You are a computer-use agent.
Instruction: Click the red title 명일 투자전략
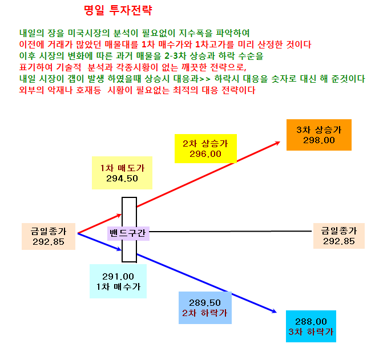point(118,10)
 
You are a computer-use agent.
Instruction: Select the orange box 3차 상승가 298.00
point(319,135)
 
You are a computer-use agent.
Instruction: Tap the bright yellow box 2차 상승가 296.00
point(205,148)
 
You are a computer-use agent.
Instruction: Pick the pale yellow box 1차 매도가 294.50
point(122,173)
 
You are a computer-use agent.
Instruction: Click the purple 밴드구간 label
point(128,233)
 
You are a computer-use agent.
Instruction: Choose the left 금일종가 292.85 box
point(49,237)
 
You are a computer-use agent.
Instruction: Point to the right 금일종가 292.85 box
point(339,236)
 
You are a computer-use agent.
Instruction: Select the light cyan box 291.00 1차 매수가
point(118,281)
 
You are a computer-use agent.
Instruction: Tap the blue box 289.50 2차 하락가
point(205,308)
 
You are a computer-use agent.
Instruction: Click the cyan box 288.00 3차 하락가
point(311,326)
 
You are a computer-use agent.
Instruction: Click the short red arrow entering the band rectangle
point(100,224)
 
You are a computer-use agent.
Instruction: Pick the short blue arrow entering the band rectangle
point(100,242)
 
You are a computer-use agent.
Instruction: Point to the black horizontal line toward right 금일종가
point(231,231)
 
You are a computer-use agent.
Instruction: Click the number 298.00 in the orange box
point(319,140)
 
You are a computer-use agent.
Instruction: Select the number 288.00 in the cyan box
point(311,322)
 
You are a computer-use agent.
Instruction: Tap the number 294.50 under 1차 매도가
point(122,179)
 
